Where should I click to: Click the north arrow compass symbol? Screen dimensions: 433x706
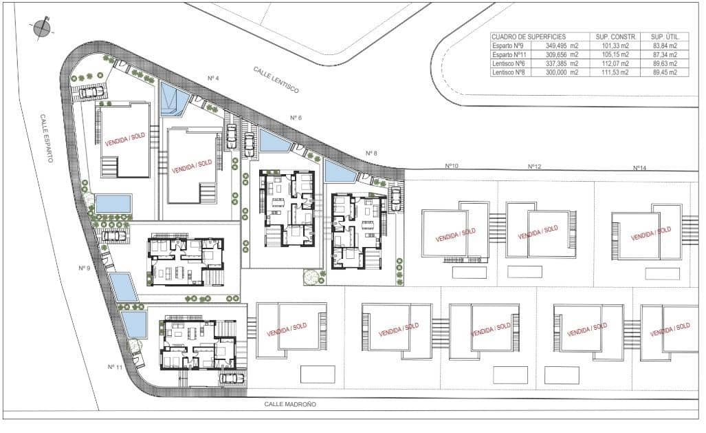pyautogui.click(x=42, y=28)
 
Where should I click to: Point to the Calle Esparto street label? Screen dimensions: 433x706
pyautogui.click(x=46, y=138)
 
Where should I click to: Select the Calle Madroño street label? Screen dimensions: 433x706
pyautogui.click(x=294, y=405)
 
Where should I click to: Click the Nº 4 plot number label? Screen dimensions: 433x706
pyautogui.click(x=213, y=78)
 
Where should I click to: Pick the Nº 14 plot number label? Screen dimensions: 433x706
pyautogui.click(x=639, y=167)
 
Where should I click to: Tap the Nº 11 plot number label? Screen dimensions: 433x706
pyautogui.click(x=115, y=367)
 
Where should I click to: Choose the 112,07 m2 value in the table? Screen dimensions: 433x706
pyautogui.click(x=615, y=63)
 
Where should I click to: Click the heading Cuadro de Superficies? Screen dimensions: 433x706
pyautogui.click(x=528, y=36)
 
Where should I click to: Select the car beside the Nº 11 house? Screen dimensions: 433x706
pyautogui.click(x=231, y=378)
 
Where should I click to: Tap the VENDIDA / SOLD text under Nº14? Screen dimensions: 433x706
pyautogui.click(x=651, y=233)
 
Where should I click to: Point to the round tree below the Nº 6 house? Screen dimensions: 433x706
pyautogui.click(x=313, y=276)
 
